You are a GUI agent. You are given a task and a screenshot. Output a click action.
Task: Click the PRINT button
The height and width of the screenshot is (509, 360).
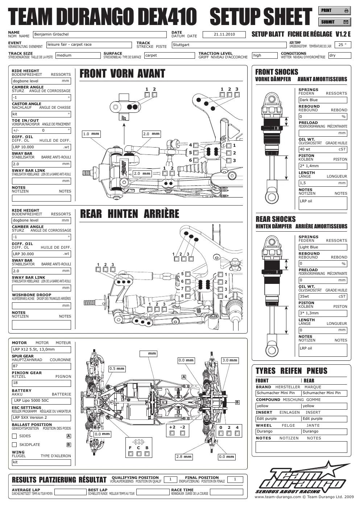tap(335, 11)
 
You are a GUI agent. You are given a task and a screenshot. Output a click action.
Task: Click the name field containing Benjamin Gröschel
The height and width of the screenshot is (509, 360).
tap(100, 34)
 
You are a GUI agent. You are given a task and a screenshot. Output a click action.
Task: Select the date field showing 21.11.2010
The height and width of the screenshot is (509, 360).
tap(224, 34)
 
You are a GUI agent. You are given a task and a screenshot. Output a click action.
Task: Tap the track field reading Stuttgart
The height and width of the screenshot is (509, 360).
tap(229, 45)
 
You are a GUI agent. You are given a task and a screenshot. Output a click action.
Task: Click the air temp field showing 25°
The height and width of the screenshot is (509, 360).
tap(343, 45)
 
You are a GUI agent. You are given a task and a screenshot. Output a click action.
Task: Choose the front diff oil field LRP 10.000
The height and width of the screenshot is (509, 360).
tap(41, 147)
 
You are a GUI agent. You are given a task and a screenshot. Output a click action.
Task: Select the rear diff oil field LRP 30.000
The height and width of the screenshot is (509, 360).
tap(41, 254)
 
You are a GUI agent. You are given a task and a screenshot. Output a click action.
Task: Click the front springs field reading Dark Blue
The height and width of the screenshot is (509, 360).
tap(323, 100)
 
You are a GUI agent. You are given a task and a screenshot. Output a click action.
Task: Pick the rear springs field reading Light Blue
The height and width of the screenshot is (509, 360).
tap(323, 247)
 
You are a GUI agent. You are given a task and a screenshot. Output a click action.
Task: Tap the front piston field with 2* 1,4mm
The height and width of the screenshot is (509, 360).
tap(323, 166)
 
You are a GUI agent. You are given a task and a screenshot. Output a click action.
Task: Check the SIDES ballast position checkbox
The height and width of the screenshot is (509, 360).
tap(14, 436)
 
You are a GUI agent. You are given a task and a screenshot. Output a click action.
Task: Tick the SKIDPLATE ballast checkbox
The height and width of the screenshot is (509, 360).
tap(14, 445)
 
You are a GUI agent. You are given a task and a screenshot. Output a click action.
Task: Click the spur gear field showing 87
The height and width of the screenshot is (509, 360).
tap(41, 366)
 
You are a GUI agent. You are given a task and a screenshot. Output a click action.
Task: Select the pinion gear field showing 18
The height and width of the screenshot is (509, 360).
tap(41, 383)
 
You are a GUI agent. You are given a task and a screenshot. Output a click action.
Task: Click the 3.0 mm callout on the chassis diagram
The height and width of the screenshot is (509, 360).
tap(230, 360)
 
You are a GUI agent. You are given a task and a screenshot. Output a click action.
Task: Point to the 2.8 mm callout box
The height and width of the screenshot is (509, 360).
tap(184, 457)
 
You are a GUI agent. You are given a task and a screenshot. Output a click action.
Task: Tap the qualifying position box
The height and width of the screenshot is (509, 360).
tap(170, 480)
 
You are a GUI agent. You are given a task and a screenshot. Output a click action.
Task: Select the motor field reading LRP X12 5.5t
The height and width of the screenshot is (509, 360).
tap(41, 349)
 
